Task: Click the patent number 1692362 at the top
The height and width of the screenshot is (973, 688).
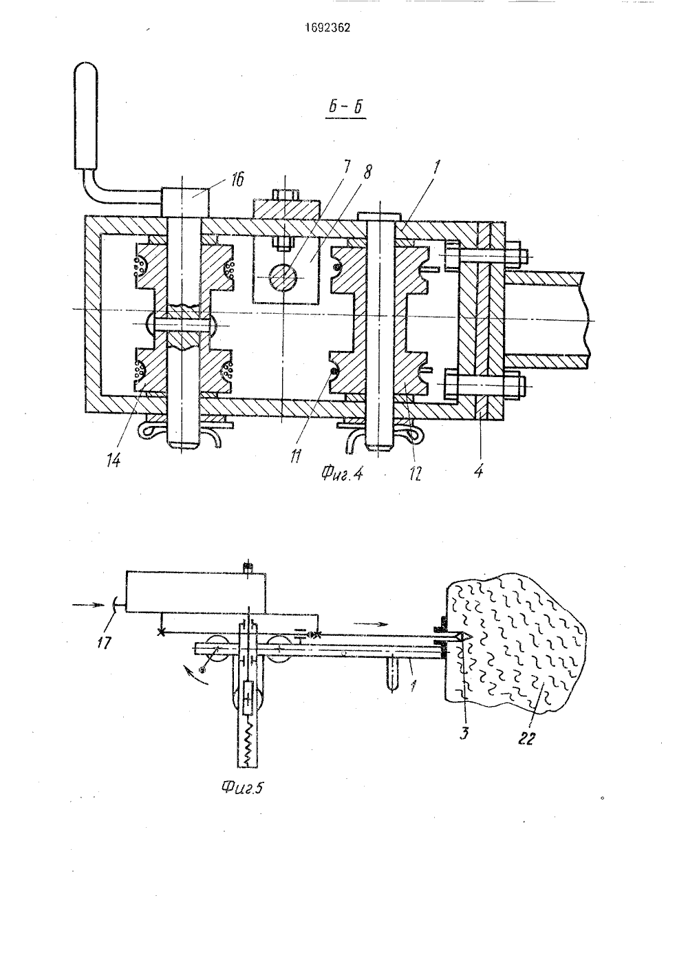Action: tap(327, 28)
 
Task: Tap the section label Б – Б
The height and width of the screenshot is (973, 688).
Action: tap(346, 108)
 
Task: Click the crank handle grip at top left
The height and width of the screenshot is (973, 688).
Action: tap(85, 116)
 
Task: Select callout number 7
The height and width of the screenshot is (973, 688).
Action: tap(347, 169)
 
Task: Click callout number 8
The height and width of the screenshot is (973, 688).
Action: tap(367, 173)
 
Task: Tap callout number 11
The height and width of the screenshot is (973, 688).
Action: tap(297, 456)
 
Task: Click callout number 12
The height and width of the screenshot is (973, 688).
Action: tap(416, 473)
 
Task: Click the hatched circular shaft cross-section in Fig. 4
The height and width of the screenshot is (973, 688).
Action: tap(284, 277)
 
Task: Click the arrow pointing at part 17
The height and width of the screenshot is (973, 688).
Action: tap(89, 605)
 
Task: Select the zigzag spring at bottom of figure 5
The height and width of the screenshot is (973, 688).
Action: tap(247, 747)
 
